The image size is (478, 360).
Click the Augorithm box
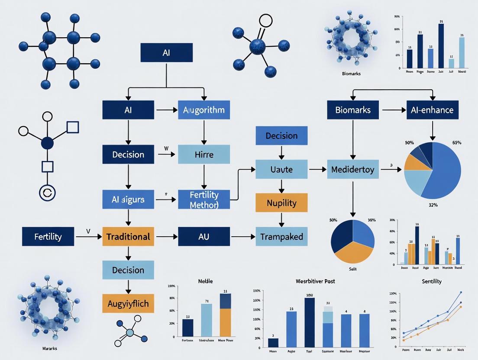tap(204, 110)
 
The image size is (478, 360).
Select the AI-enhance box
tap(432, 110)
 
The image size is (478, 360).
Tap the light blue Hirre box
tap(204, 154)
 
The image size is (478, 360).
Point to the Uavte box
tap(281, 169)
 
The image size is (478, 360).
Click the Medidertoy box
tap(353, 169)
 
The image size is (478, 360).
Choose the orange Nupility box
tap(281, 202)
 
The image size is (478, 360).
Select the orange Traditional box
tap(128, 237)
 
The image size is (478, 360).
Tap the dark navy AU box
tap(204, 237)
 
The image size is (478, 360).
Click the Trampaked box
tap(281, 237)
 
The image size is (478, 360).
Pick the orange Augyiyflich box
tap(128, 303)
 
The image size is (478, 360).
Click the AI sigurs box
tap(128, 199)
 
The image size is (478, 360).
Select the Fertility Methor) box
tap(204, 199)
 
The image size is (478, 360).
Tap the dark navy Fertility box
tap(48, 237)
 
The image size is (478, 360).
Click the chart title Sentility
tap(431, 281)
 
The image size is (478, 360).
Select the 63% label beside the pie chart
tap(456, 142)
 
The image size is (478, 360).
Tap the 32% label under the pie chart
tap(433, 205)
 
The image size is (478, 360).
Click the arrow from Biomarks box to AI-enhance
tap(392, 110)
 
